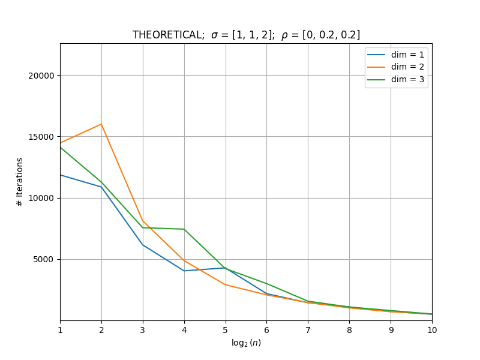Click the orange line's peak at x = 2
101,124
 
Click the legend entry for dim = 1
395,55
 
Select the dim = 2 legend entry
395,67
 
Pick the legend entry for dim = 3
395,80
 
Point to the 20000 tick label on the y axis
41,76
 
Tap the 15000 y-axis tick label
41,137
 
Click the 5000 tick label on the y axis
43,260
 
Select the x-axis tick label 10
432,330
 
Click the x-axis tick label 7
308,330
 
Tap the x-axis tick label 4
184,330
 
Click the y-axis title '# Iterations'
20,182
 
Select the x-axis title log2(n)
246,343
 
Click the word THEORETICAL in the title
169,35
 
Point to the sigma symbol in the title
215,35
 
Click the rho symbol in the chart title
284,36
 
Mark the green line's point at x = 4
184,229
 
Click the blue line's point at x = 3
143,245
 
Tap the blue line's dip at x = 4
184,271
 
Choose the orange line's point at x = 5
226,284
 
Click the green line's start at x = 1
61,148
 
